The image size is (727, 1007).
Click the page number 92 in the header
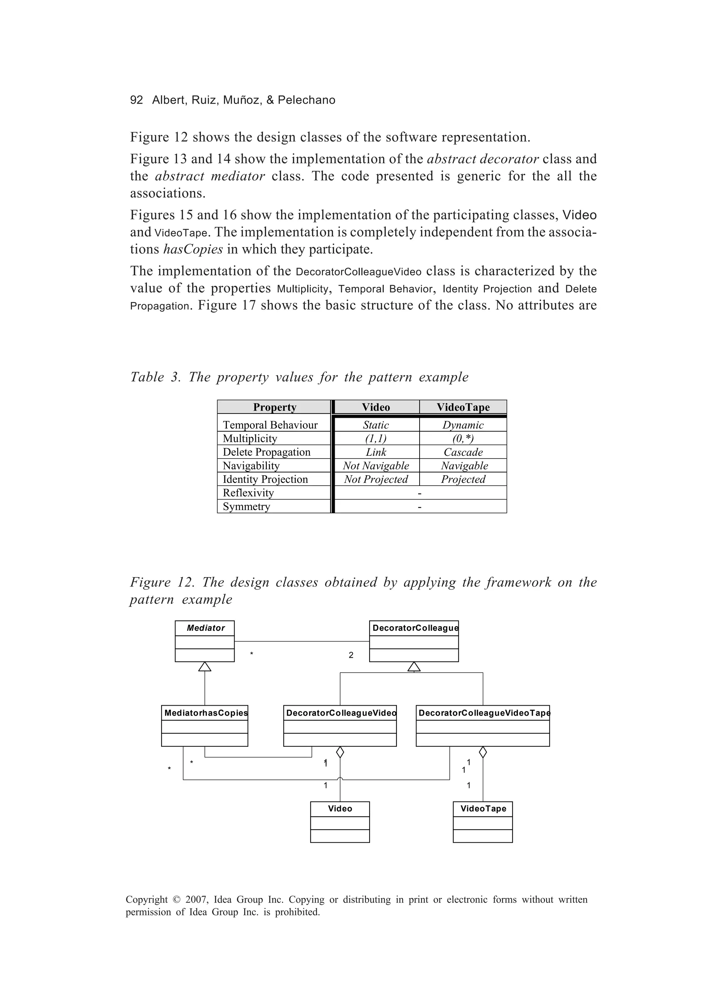pyautogui.click(x=136, y=100)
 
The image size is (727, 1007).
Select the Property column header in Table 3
pyautogui.click(x=274, y=407)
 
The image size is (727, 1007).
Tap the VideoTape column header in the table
pyautogui.click(x=463, y=407)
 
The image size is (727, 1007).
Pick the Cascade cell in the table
pyautogui.click(x=463, y=452)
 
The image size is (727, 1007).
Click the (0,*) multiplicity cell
pyautogui.click(x=463, y=439)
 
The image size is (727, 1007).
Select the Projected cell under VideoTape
pyautogui.click(x=463, y=480)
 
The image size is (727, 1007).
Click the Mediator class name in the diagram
pyautogui.click(x=205, y=628)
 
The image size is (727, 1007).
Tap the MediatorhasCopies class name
pyautogui.click(x=205, y=713)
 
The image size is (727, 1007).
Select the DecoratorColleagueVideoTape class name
pyautogui.click(x=483, y=713)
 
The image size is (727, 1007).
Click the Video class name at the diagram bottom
pyautogui.click(x=340, y=809)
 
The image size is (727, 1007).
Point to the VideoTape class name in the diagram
pyautogui.click(x=483, y=809)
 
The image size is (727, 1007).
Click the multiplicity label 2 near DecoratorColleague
pyautogui.click(x=351, y=655)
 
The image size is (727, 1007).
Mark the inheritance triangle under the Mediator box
pyautogui.click(x=205, y=667)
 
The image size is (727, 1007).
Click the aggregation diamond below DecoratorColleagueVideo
pyautogui.click(x=340, y=752)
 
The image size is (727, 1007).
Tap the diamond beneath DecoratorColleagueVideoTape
pyautogui.click(x=483, y=752)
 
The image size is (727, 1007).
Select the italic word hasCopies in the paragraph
pyautogui.click(x=193, y=250)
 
